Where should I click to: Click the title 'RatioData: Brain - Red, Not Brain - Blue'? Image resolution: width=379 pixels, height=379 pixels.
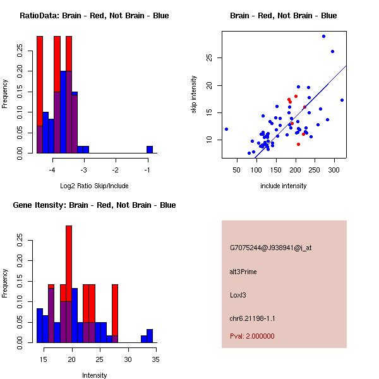point(94,16)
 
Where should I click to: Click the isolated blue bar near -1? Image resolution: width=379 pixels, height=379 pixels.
point(150,150)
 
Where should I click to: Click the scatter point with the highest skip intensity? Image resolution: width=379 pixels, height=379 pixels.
point(323,36)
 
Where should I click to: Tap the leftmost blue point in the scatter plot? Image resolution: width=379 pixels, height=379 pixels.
point(226,129)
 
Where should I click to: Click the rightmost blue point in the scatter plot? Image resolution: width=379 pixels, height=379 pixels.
point(342,100)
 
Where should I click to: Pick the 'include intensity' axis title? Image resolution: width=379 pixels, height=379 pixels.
point(283,186)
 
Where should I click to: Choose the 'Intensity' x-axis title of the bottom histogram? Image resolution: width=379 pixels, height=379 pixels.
point(94,375)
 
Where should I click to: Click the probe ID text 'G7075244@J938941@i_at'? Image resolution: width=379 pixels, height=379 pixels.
point(270,248)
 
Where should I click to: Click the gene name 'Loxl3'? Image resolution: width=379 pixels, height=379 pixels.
point(238,294)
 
